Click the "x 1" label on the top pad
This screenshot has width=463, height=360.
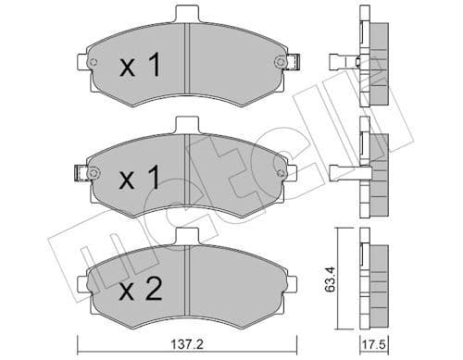click(x=141, y=65)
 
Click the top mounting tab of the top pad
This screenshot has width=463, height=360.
click(x=187, y=12)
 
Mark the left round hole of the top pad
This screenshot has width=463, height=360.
click(x=94, y=62)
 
